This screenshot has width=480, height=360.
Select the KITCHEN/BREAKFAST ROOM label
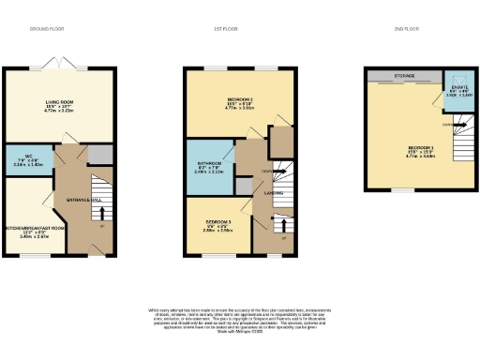[x=34, y=228]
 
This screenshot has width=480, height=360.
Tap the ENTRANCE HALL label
[x=82, y=201]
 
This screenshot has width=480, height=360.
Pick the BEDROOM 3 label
[x=217, y=220]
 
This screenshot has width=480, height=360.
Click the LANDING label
[x=275, y=193]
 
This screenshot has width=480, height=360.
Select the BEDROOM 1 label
[x=420, y=148]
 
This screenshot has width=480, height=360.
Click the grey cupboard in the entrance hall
[x=100, y=154]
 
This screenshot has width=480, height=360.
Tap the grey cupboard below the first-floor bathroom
[x=245, y=185]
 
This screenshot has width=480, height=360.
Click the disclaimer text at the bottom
[x=239, y=317]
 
